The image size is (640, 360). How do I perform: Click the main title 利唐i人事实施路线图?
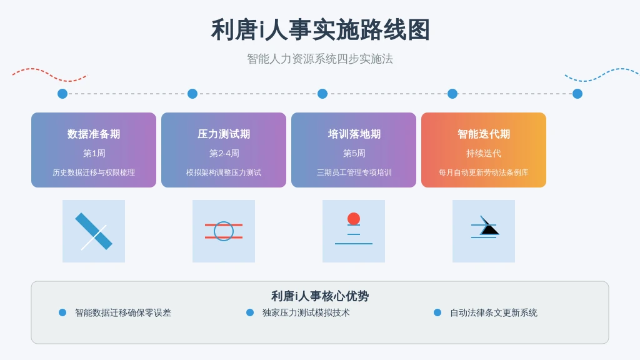[x=320, y=30]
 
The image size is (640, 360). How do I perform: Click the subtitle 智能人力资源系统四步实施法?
[x=320, y=59]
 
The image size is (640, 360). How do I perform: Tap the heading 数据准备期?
[x=94, y=134]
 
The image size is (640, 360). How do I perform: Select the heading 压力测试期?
[x=224, y=134]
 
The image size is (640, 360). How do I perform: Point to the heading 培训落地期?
[x=354, y=134]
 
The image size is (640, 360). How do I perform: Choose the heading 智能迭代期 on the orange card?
[x=484, y=134]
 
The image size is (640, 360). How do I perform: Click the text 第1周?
[x=94, y=154]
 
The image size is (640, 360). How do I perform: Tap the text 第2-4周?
[x=224, y=154]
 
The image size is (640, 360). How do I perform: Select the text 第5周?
[x=354, y=154]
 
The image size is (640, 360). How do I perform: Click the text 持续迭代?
[x=484, y=154]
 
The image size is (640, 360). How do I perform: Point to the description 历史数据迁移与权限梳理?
[x=94, y=172]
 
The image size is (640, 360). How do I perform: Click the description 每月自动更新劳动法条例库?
[x=484, y=172]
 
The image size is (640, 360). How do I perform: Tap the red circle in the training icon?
[x=354, y=219]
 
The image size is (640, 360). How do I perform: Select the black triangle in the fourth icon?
[x=490, y=229]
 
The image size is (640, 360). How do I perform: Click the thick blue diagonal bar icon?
[x=94, y=231]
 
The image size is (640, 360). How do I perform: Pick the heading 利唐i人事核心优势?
[x=320, y=296]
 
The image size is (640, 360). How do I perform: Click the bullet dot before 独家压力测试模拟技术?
[x=250, y=312]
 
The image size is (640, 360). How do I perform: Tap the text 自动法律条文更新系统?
[x=494, y=312]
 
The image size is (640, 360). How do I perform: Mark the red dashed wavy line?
[x=49, y=74]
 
